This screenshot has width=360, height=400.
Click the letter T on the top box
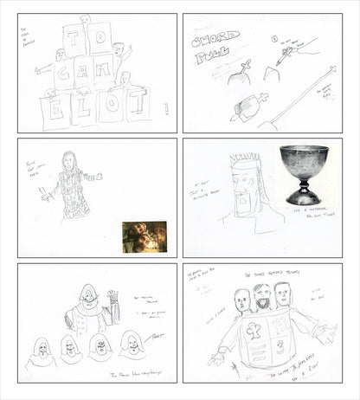(74, 38)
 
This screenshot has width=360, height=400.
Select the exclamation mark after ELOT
(164, 108)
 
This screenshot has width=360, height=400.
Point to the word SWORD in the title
(210, 41)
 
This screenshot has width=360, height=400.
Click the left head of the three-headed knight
(244, 303)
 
